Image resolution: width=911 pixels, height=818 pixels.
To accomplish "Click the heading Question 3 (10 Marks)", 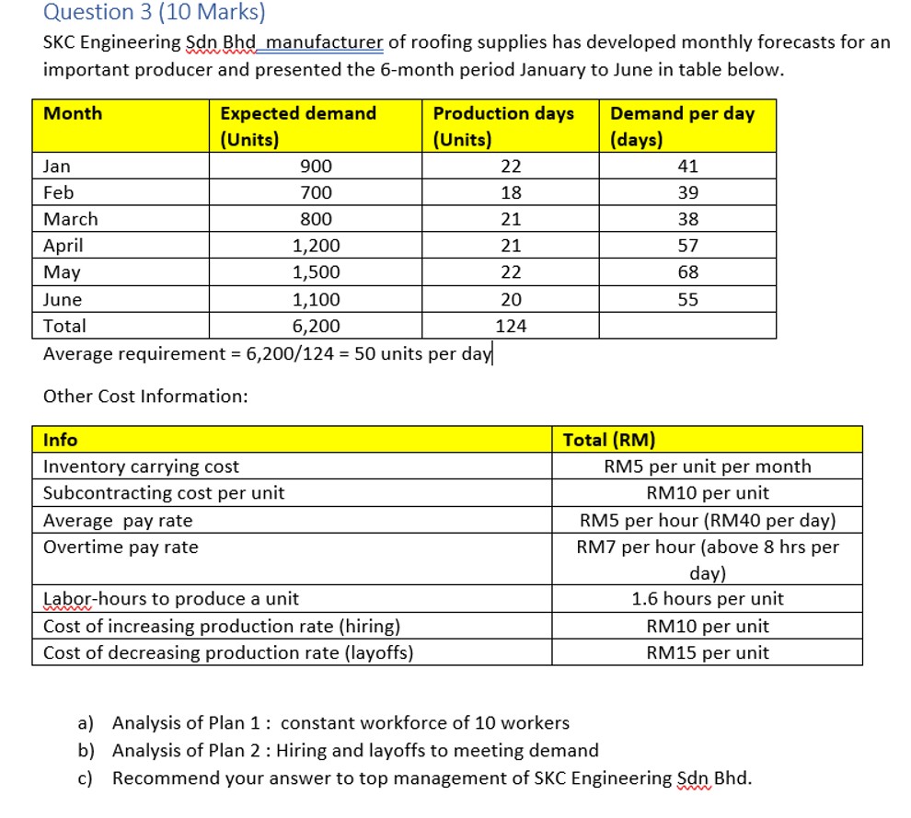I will coord(155,12).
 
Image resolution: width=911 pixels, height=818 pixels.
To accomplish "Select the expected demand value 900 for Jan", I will coord(316,167).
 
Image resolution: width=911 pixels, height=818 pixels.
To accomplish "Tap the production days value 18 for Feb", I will coord(510,193).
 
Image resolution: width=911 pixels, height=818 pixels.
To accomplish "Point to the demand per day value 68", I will coord(687,272).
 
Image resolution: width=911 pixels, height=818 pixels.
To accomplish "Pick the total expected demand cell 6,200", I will coord(316,326).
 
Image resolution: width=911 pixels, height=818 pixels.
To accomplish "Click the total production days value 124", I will coord(510,326).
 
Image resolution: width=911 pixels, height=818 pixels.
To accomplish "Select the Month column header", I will coord(74,114).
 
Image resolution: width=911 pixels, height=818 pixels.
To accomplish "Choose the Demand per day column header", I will coord(682,114).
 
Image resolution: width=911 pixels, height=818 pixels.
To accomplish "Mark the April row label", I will coord(63,246).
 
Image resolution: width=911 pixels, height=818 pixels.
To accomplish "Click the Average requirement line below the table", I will coord(268,353).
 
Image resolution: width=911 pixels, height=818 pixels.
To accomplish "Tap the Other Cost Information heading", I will coord(145,397).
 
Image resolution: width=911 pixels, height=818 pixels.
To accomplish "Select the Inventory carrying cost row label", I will coord(142,467).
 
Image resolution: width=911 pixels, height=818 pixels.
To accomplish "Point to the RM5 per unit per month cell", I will coord(707,467).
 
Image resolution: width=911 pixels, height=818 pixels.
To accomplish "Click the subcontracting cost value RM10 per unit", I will coord(707,493).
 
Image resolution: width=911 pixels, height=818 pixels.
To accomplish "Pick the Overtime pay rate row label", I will coord(121,547).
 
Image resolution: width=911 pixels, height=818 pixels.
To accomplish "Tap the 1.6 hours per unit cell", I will coord(707,599).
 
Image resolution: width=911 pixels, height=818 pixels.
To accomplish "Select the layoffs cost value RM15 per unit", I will coord(707,653).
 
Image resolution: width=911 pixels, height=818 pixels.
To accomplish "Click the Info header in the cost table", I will coord(61,440).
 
